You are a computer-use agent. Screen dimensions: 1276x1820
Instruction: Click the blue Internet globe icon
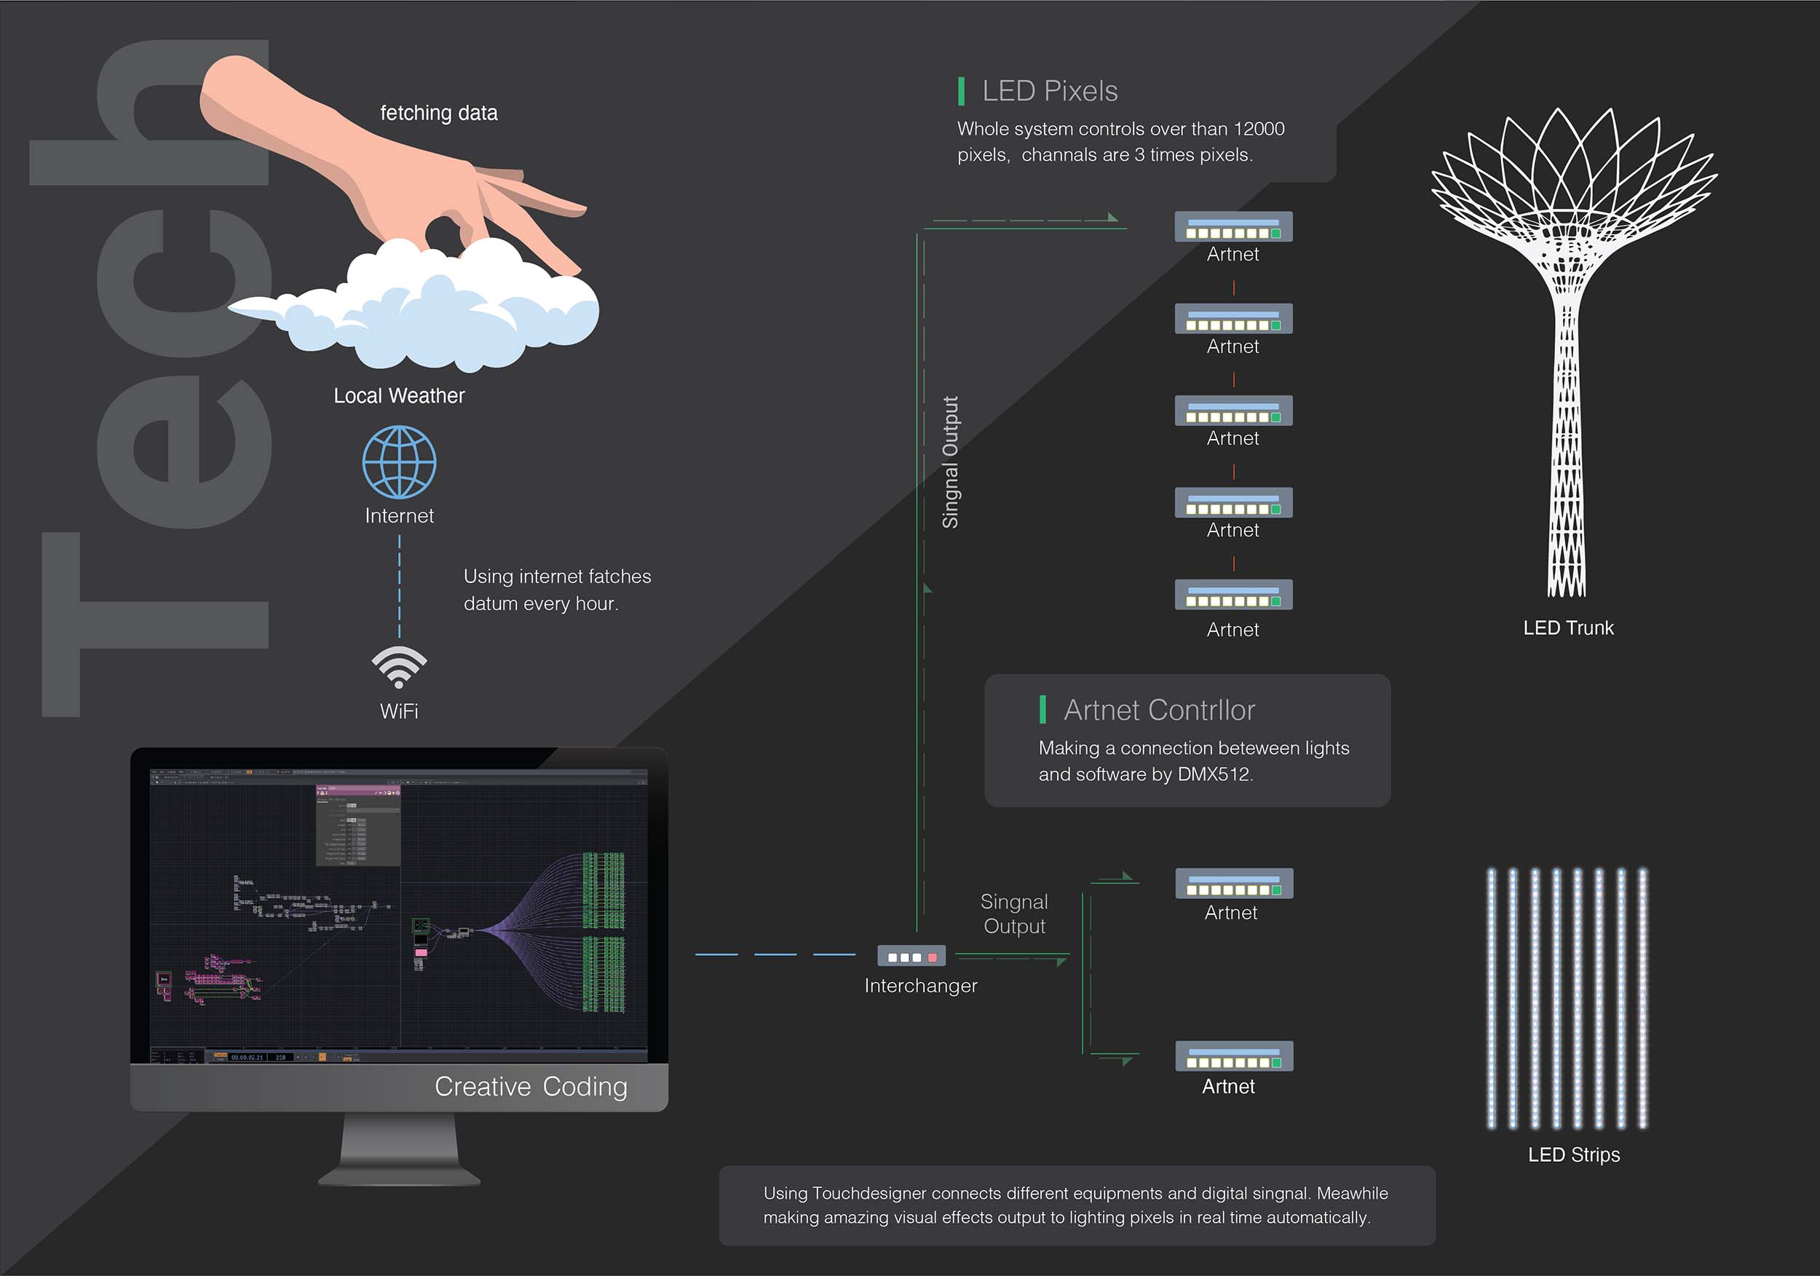pos(399,462)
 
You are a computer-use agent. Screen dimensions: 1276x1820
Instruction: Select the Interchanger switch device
pos(911,956)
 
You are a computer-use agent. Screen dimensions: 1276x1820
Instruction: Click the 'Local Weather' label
pos(399,395)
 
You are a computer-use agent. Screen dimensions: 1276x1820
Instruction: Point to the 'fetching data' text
pos(438,114)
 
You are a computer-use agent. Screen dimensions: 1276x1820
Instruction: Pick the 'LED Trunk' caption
pos(1567,627)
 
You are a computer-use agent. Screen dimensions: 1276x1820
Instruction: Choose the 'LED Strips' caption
pos(1573,1154)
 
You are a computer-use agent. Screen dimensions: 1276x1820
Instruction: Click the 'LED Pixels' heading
pos(1050,91)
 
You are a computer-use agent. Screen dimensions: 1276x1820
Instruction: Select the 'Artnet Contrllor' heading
pos(1159,710)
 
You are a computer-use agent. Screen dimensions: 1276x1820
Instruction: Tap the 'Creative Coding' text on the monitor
pos(530,1087)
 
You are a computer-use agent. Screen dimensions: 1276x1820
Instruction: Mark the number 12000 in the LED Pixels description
pos(1259,128)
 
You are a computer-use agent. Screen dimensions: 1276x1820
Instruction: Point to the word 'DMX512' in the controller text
pos(1213,774)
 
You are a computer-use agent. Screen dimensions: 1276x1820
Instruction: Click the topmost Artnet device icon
pos(1233,226)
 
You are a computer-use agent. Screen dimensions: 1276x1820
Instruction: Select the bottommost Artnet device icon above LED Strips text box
pos(1233,1056)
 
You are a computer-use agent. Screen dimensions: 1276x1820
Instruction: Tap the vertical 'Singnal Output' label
pos(949,462)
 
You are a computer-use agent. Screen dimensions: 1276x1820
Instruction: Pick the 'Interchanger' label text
pos(920,986)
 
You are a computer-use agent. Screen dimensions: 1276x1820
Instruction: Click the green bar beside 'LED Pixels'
pos(962,91)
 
